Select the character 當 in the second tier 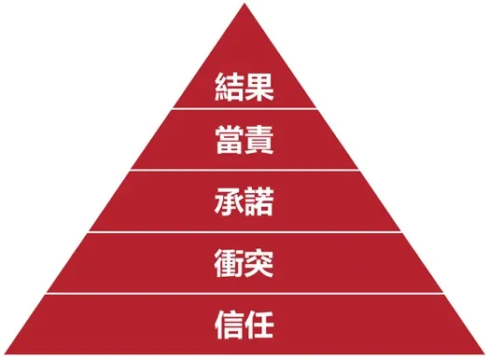pos(228,143)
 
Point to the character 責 pos(260,143)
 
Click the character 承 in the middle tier pos(228,202)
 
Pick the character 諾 pos(260,202)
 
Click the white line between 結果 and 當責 pos(244,110)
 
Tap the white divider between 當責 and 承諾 pos(244,170)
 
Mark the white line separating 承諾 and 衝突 pos(244,231)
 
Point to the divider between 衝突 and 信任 pos(244,293)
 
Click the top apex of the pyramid pos(244,5)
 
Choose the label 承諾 pos(244,202)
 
